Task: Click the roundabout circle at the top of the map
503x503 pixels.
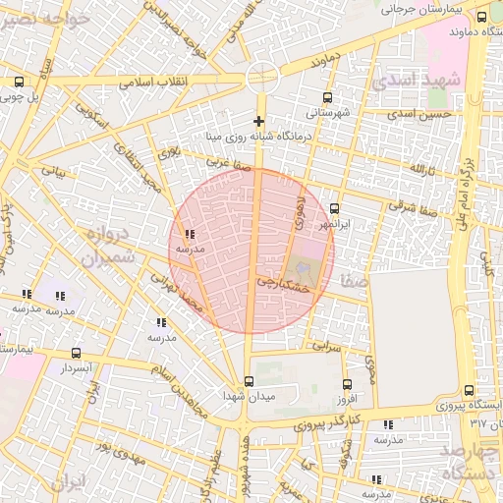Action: point(262,74)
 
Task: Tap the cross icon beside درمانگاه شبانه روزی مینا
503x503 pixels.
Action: point(259,121)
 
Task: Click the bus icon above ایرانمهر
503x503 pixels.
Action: point(335,208)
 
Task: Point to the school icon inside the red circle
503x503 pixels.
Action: point(189,235)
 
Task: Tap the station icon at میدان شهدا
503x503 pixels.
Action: point(246,381)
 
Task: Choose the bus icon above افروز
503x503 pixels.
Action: point(346,384)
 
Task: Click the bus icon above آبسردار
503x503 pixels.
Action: point(77,353)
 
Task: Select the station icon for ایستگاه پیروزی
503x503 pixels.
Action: point(468,390)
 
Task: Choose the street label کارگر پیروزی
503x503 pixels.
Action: point(329,421)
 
